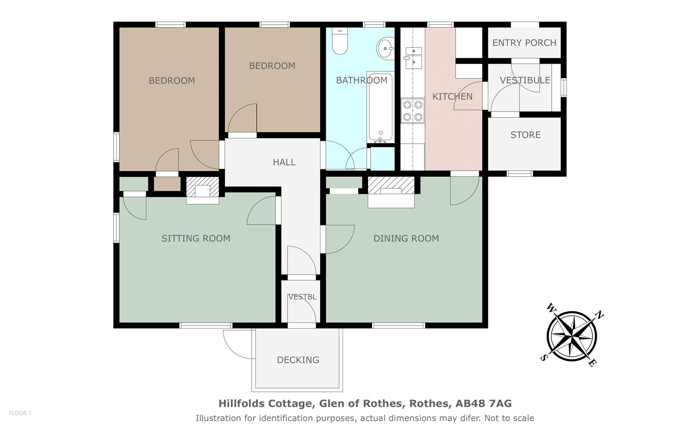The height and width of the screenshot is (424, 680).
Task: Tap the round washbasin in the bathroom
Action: click(385, 48)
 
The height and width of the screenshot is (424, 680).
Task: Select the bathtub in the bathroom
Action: click(380, 107)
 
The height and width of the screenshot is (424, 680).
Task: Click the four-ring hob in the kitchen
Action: click(413, 111)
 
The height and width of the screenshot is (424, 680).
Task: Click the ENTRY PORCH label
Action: click(524, 43)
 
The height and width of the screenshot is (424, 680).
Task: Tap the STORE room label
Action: click(525, 135)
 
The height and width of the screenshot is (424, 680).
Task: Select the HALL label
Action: click(284, 162)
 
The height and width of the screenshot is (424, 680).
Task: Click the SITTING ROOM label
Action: click(196, 239)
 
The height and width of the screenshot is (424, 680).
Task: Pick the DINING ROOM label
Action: click(406, 239)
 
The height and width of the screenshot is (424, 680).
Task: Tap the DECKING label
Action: click(298, 360)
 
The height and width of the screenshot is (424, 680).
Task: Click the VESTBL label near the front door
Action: click(302, 297)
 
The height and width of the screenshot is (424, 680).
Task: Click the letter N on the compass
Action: click(599, 315)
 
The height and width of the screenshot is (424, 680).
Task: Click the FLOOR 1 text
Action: click(20, 413)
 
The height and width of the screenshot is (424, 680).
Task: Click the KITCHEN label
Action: click(452, 96)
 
